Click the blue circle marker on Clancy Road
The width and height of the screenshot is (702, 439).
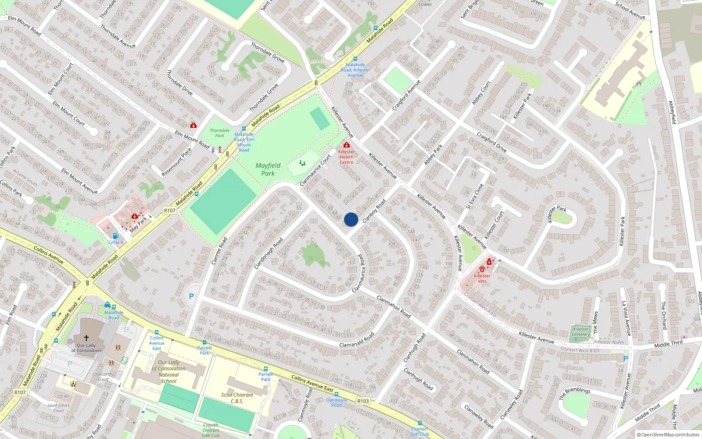click(351, 219)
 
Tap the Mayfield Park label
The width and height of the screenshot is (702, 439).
click(268, 169)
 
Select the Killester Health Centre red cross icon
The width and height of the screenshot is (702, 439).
click(347, 145)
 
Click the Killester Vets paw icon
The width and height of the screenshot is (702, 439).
click(482, 269)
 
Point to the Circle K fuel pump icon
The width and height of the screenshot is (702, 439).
click(115, 236)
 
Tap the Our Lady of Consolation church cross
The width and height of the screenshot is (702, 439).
click(86, 338)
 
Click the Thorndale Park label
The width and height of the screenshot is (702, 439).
click(219, 133)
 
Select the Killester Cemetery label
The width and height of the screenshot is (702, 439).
click(580, 331)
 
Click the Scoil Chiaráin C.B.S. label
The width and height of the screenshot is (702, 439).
click(237, 398)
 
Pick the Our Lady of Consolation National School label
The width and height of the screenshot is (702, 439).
click(168, 372)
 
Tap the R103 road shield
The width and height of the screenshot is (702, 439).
click(363, 401)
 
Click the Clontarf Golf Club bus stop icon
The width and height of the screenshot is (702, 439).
click(420, 423)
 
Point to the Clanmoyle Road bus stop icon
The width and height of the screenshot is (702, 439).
click(337, 394)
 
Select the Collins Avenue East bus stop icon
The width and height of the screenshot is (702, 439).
click(157, 332)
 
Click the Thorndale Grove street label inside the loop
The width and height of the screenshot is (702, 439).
click(264, 97)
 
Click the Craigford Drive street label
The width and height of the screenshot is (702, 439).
click(491, 142)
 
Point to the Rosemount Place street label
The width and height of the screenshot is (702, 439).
click(176, 162)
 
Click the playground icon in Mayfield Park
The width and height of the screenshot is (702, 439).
click(302, 163)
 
